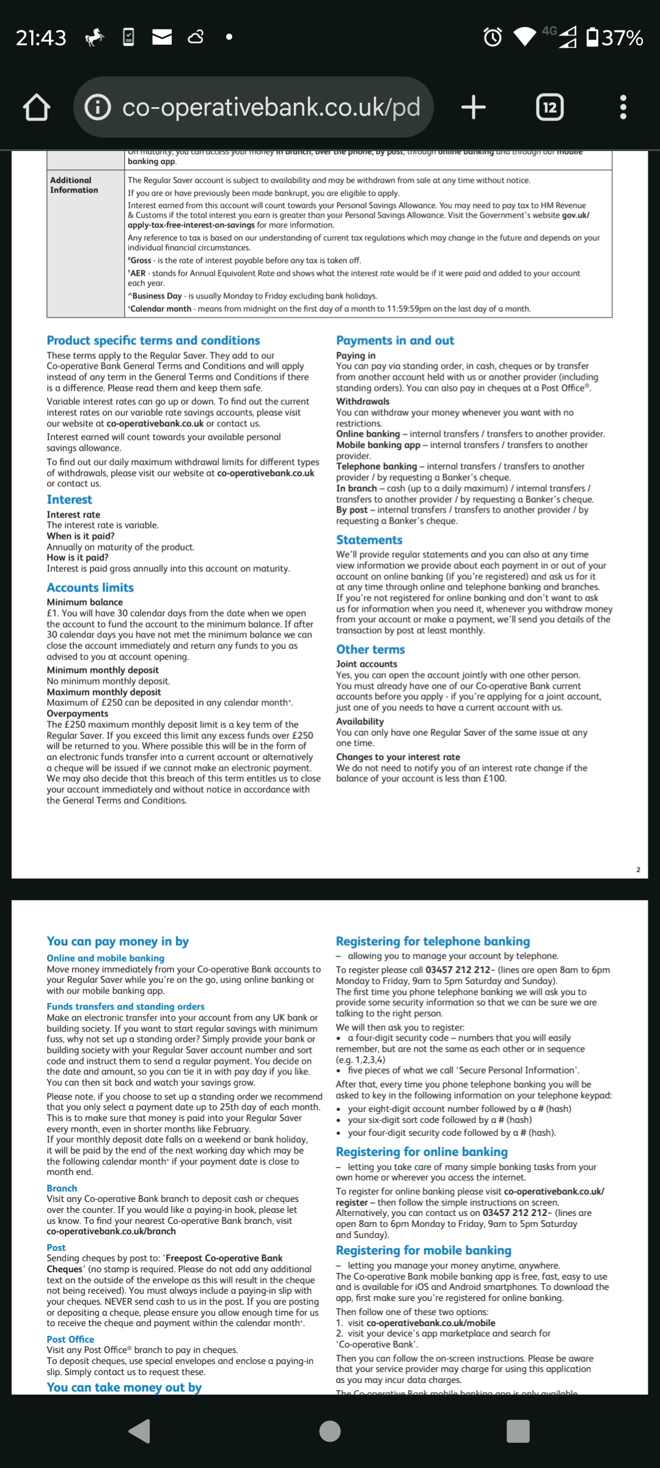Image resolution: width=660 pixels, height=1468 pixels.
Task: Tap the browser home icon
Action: click(x=37, y=108)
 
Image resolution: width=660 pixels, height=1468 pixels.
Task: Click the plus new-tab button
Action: click(x=474, y=108)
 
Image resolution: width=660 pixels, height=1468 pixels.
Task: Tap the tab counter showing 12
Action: click(x=550, y=108)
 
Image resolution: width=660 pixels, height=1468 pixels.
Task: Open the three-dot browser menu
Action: click(x=623, y=108)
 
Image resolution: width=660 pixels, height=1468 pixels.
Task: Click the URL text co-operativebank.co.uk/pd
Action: click(x=271, y=108)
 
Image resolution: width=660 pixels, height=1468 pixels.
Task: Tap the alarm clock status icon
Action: click(x=493, y=37)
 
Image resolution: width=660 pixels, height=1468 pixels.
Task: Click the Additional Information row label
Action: click(x=74, y=185)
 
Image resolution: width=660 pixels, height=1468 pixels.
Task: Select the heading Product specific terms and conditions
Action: click(x=153, y=341)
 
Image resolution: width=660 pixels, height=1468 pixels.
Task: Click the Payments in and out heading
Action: click(x=395, y=341)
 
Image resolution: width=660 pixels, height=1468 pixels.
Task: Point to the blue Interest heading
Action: click(x=69, y=500)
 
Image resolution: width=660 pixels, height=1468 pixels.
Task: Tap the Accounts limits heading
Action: click(x=90, y=588)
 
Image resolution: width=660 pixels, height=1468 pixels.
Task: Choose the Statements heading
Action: click(x=369, y=540)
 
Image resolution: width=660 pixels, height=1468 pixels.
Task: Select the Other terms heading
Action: click(x=370, y=650)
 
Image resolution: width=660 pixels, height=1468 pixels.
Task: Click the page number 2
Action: click(x=638, y=870)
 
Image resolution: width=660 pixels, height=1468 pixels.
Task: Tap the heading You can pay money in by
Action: click(x=118, y=941)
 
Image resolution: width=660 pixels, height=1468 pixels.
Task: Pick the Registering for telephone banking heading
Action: click(x=433, y=941)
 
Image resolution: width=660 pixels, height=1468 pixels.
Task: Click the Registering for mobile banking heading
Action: click(x=424, y=1234)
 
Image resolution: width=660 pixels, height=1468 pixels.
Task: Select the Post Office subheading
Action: click(x=70, y=1340)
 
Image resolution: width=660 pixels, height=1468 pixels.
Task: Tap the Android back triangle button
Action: click(x=140, y=1431)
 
